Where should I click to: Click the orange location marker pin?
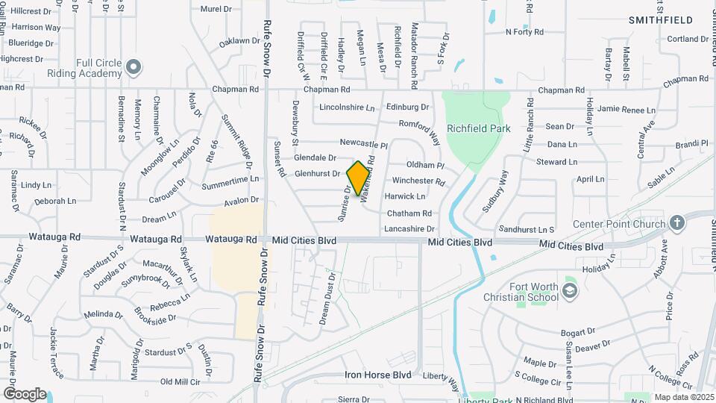coord(359,178)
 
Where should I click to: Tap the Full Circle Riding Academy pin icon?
coord(134,68)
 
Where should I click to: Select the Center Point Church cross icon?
coord(676,223)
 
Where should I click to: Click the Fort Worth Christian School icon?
coord(571,290)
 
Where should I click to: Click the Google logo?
coord(24,393)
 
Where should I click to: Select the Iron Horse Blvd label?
coord(378,375)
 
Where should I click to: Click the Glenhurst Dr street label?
coord(317,174)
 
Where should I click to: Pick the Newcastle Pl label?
coord(364,143)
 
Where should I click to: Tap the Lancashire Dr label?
coord(409,229)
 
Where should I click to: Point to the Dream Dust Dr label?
coord(326,297)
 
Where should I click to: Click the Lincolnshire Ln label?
coord(347,107)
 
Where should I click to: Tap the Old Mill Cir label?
coord(180,381)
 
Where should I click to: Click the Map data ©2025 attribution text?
coord(682,397)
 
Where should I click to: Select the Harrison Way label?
coord(36,28)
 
